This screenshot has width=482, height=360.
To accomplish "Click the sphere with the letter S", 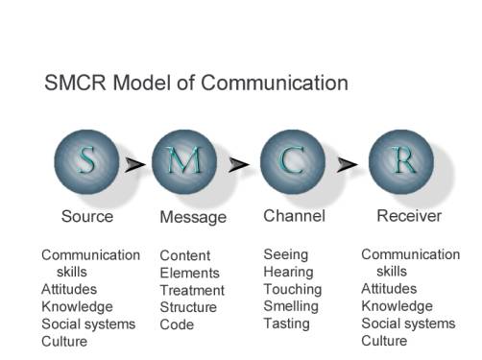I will coord(86,163).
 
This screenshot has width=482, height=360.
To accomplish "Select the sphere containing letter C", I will coord(292,163).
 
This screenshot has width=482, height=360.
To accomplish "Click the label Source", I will coord(87,217).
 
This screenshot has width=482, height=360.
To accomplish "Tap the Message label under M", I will coord(193,218).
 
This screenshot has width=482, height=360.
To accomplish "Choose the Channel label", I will coord(295,216).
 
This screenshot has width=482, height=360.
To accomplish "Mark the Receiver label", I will coord(409,216).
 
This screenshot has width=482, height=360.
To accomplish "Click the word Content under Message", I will coord(185,256).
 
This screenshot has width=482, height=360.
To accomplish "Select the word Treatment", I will coord(192,291).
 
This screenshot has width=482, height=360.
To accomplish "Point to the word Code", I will coord(177,325).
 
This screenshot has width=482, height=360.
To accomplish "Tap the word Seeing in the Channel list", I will coord(286,255).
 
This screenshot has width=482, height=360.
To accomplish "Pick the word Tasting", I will coord(287,324).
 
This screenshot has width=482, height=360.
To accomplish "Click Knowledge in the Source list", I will coord(77,307).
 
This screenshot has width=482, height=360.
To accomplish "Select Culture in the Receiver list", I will coord(384,342).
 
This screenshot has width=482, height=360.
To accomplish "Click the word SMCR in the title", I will coord(77,84).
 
